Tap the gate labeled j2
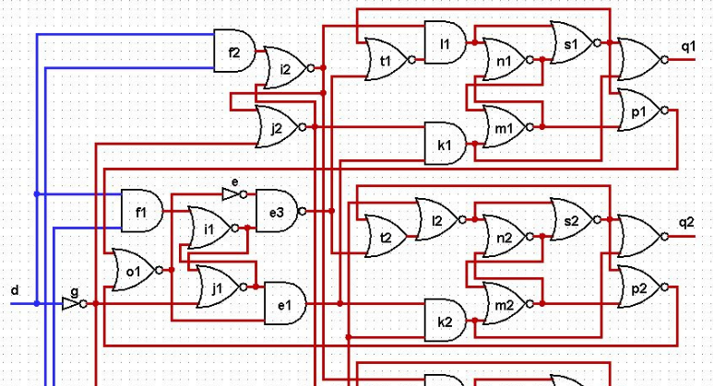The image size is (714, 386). [x=276, y=126]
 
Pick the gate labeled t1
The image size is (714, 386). [x=386, y=58]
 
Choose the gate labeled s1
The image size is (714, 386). [x=570, y=41]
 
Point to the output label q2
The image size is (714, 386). [x=687, y=222]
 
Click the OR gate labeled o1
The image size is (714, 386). [x=133, y=270]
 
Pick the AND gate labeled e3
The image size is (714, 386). [x=277, y=211]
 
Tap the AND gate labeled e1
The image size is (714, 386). [x=284, y=302]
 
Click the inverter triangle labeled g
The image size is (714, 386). [x=71, y=302]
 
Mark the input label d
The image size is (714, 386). [x=14, y=291]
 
